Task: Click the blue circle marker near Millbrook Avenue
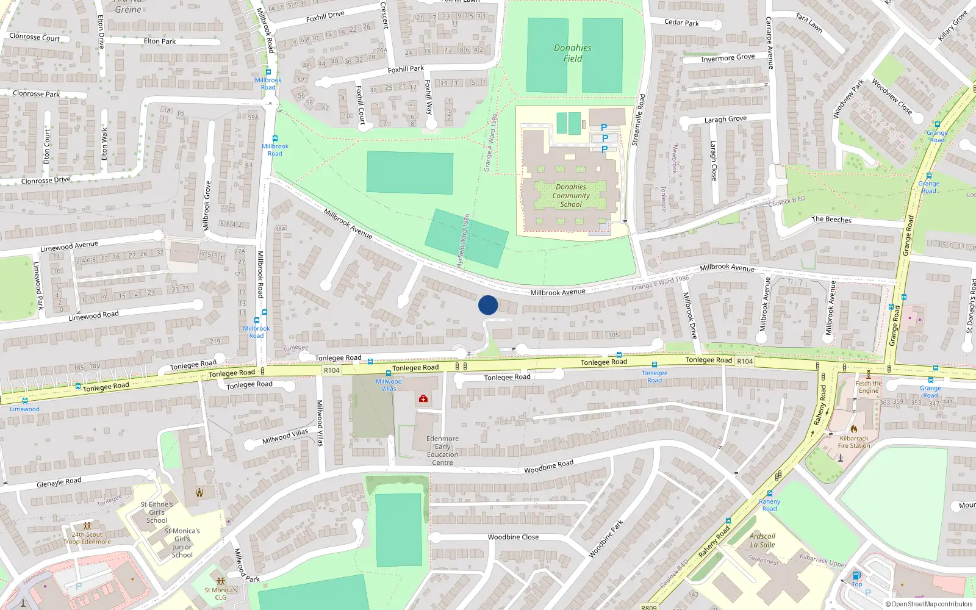coord(488,305)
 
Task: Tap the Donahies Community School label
coord(571,196)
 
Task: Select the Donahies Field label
coord(572,53)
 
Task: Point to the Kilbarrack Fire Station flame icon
coord(854,429)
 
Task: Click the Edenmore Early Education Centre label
coord(442,451)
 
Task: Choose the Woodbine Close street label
coord(513,537)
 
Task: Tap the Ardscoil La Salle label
coord(762,540)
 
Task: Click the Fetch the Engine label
coord(868,387)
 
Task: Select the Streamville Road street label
coord(638,120)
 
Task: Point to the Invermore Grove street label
coord(728,58)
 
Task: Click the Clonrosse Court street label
coord(35,37)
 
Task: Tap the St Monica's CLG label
coord(220,594)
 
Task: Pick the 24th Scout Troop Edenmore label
coord(87,538)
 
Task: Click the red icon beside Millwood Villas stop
coord(423,399)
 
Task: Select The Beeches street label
coord(831,220)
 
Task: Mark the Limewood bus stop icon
coord(24,401)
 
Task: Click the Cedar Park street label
coord(681,23)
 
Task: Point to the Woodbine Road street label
coord(548,467)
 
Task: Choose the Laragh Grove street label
coord(725,120)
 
